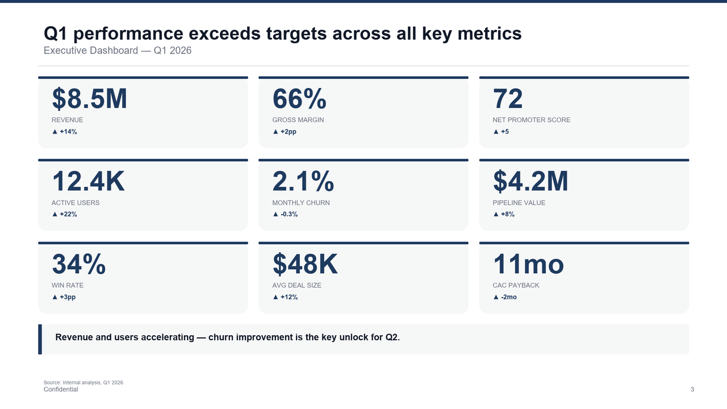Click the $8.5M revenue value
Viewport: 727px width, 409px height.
[x=89, y=99]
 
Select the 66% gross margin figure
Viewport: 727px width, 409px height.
[x=299, y=99]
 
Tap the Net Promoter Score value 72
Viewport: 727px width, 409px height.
[x=508, y=99]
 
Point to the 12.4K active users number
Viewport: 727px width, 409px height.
[x=88, y=182]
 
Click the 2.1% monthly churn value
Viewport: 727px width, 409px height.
[x=303, y=182]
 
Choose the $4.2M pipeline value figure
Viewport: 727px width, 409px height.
[x=530, y=182]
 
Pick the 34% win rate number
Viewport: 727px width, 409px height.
[x=78, y=265]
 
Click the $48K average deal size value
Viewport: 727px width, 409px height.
[x=305, y=265]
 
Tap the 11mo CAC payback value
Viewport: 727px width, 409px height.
[x=528, y=265]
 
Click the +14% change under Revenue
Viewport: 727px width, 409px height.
[x=64, y=132]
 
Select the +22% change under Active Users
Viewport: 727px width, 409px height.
[x=64, y=214]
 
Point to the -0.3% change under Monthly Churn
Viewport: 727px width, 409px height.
[x=285, y=214]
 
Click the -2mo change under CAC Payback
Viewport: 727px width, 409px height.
[x=505, y=297]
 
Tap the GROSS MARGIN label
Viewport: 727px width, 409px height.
[x=298, y=120]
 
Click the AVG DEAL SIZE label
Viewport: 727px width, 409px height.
[x=296, y=285]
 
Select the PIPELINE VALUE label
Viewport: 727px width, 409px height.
[x=519, y=203]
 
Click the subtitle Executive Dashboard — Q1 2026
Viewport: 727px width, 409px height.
[x=118, y=51]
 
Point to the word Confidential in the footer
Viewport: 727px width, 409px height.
[x=61, y=390]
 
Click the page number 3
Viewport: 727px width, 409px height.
[x=692, y=390]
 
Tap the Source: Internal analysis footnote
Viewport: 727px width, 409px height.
[x=83, y=382]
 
